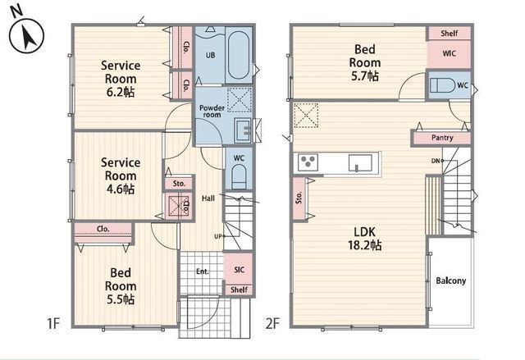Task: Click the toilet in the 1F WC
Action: coord(239,176)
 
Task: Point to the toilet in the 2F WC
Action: coord(444,84)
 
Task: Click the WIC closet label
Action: coord(448,54)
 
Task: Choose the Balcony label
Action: coord(450,280)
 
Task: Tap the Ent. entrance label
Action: coord(202,271)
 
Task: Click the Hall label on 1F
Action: coord(208,198)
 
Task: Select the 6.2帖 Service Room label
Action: coord(121,78)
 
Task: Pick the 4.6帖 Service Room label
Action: coord(121,175)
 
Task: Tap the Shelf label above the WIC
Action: coord(449,34)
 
